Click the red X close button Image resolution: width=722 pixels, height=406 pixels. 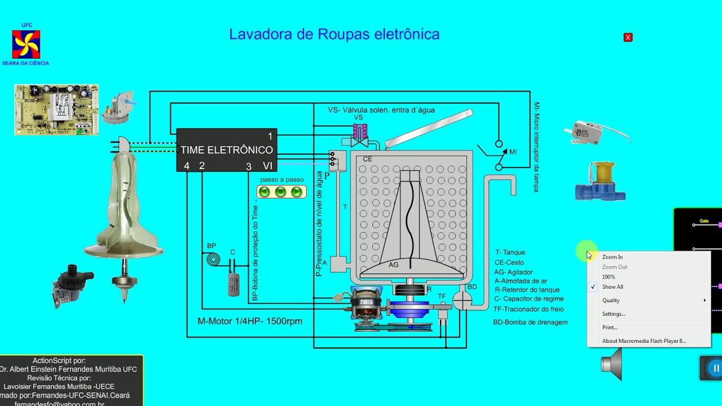(628, 37)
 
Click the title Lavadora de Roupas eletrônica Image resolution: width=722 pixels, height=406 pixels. (334, 34)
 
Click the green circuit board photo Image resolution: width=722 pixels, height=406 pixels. (56, 109)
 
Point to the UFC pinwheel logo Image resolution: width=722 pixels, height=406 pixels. (26, 45)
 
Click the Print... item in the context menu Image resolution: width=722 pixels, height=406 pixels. (610, 327)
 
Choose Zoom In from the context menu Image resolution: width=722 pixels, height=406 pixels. (613, 257)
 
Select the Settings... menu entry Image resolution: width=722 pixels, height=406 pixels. (614, 314)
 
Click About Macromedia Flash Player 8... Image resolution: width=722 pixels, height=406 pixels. (644, 341)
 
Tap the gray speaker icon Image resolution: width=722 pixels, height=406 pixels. (612, 364)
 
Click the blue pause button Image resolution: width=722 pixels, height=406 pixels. (715, 368)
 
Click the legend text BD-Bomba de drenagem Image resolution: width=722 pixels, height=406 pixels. (530, 322)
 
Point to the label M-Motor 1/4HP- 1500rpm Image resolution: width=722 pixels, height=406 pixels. (250, 321)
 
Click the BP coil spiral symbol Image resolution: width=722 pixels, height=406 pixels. (213, 260)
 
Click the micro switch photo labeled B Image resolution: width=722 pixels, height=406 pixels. (587, 133)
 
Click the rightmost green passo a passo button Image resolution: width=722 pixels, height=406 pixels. (297, 192)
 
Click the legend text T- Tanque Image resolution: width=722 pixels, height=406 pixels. (510, 252)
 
